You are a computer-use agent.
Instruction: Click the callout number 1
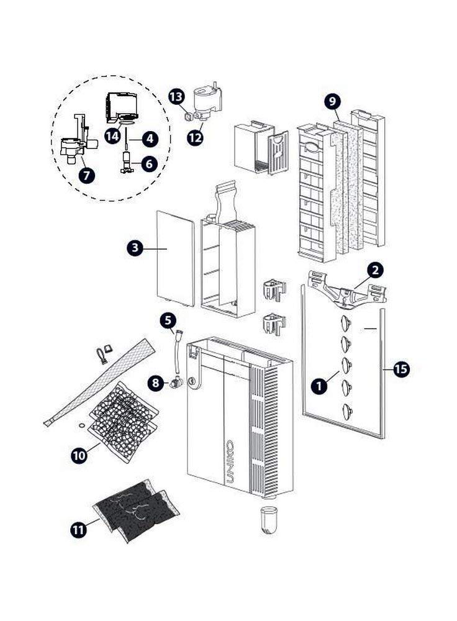point(319,386)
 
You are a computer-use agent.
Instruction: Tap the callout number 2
point(375,270)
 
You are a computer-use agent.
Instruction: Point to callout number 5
point(168,320)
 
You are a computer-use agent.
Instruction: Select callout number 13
point(176,96)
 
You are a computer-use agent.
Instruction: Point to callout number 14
point(112,136)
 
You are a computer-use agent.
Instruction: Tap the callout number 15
point(401,369)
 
